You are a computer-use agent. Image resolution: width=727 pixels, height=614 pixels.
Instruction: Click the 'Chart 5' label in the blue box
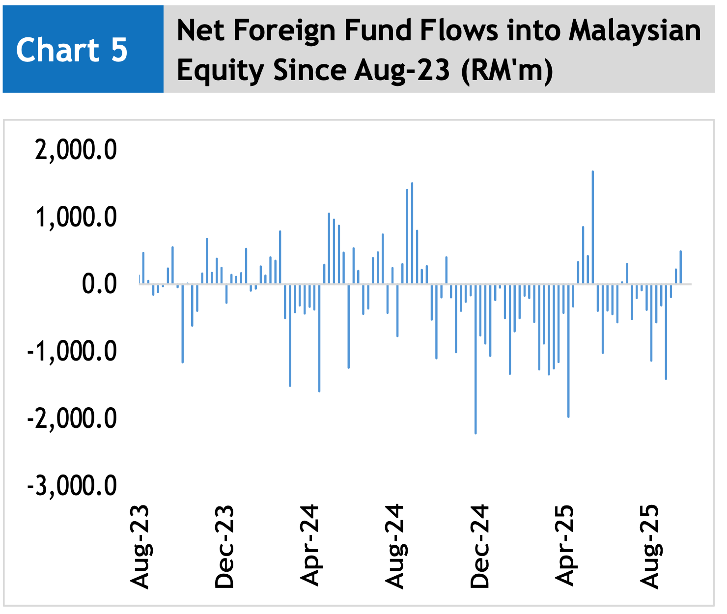(72, 50)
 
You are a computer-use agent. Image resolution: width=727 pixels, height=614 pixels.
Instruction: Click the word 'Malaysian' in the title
(635, 30)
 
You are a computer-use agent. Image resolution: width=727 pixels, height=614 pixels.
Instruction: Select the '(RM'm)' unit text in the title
(507, 70)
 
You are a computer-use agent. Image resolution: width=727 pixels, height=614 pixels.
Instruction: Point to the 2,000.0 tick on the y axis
(76, 149)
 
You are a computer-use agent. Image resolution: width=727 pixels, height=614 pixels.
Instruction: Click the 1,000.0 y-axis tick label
(76, 217)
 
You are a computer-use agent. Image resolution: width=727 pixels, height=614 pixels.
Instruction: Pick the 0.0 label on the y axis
(99, 284)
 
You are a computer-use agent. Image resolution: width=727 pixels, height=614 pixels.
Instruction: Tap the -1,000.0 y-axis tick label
(72, 351)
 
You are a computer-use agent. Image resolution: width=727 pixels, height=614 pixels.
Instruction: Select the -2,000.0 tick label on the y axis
(72, 419)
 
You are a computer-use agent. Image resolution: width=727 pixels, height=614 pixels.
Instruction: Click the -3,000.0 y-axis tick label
(72, 486)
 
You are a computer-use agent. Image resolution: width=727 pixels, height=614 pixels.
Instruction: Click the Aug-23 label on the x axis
(140, 546)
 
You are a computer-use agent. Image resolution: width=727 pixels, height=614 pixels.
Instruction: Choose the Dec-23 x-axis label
(224, 546)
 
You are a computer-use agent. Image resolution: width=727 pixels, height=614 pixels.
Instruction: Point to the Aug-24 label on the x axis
(395, 546)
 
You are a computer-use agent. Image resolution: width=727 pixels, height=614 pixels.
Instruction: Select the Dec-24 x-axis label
(480, 546)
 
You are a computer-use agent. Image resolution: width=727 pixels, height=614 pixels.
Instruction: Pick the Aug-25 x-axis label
(650, 546)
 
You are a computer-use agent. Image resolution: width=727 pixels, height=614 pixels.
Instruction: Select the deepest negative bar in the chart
(475, 359)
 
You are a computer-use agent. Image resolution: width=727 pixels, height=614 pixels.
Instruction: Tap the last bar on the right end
(681, 267)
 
